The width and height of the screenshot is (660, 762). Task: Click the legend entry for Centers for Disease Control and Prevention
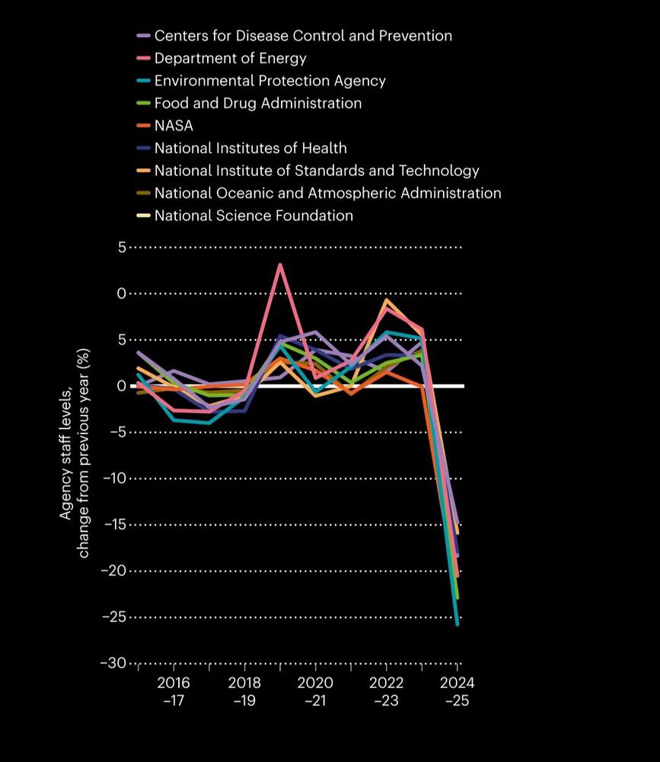[303, 36]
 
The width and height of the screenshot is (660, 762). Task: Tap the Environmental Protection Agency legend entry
[269, 81]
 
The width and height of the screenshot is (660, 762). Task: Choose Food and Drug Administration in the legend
[258, 103]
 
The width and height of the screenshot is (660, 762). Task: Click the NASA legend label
[174, 126]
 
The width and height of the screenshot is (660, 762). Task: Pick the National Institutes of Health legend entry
[250, 148]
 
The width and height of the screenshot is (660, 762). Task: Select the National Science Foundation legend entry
[253, 216]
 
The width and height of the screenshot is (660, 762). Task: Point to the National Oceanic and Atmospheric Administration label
[327, 193]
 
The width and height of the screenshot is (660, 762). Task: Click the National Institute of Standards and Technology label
[317, 171]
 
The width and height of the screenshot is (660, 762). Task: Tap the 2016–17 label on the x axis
[173, 691]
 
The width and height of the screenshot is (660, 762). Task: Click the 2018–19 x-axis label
[244, 691]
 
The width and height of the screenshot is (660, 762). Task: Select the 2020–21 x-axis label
[314, 691]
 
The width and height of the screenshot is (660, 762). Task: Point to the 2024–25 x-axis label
[457, 691]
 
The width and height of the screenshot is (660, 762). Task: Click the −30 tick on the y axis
[113, 664]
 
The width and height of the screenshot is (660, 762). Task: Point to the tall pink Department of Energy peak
[280, 264]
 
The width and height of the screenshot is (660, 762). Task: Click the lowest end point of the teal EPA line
[457, 624]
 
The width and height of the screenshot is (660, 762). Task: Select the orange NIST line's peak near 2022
[387, 301]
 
